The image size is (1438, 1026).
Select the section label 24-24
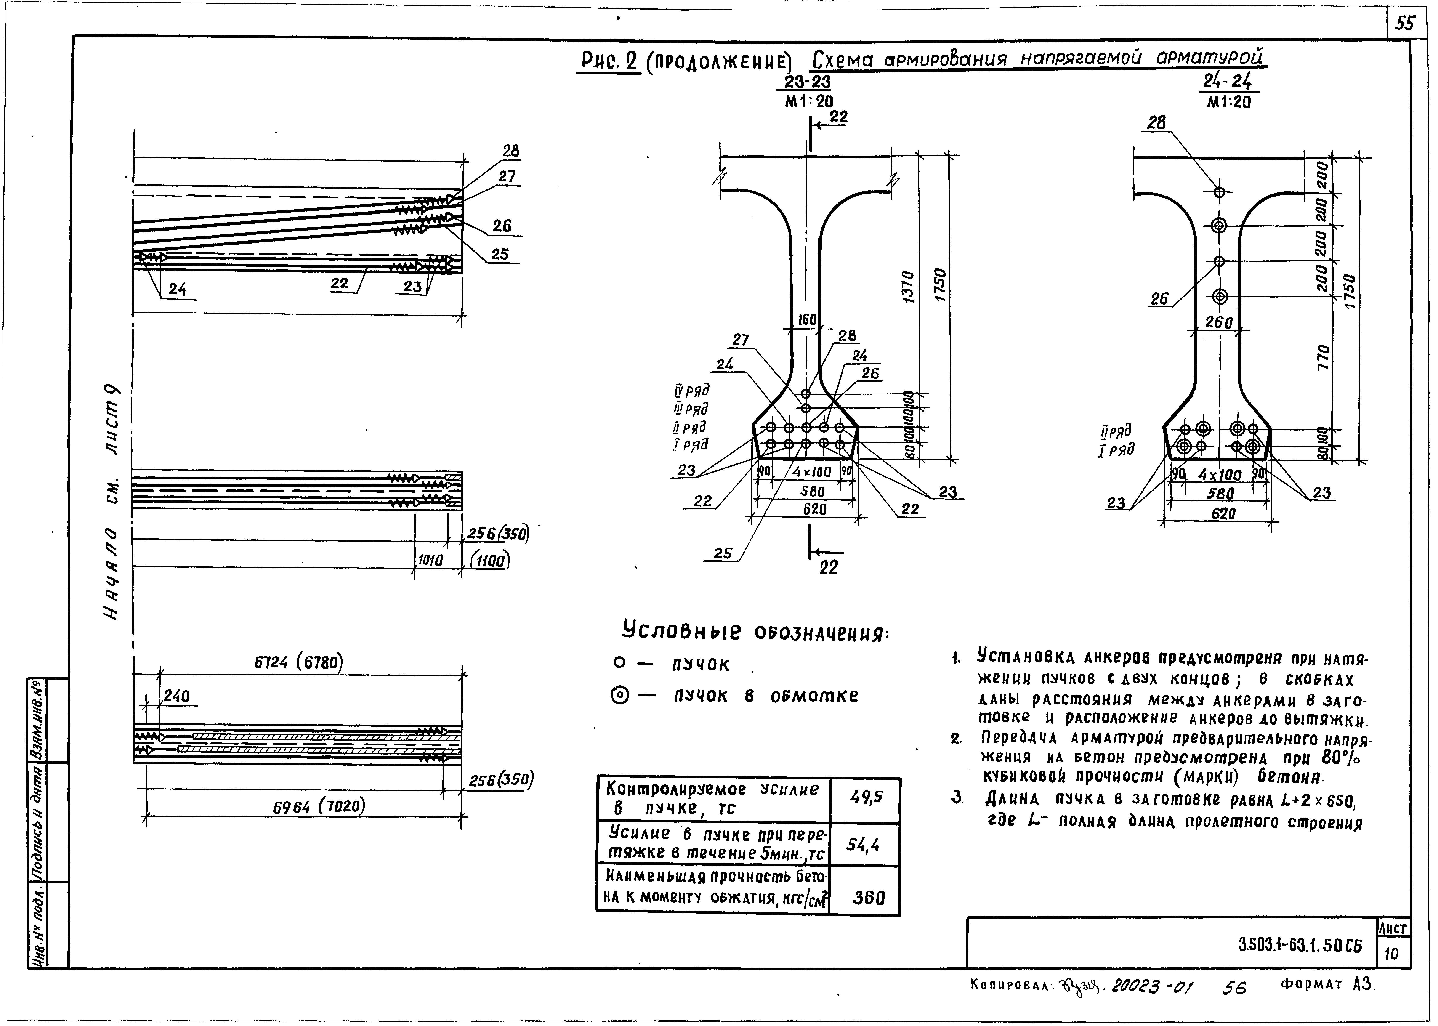1228,82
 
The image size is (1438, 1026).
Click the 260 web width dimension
1219,323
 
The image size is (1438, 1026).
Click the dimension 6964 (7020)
319,806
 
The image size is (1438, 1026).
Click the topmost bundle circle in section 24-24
1219,192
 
